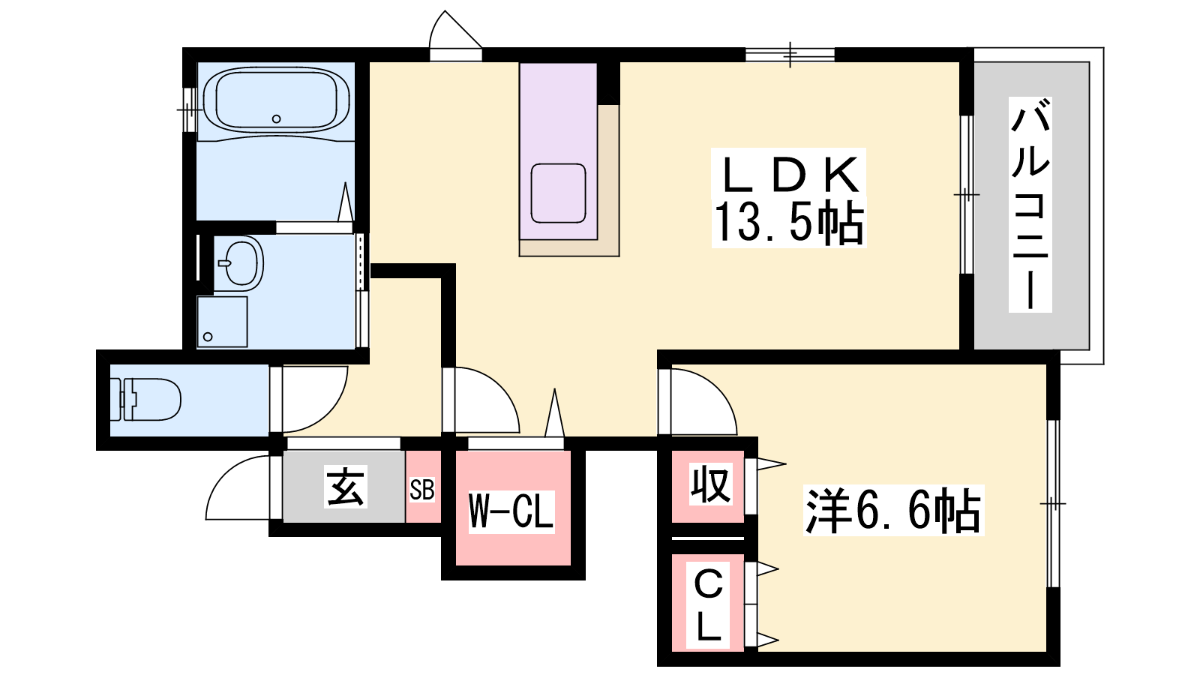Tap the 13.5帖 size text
[788, 223]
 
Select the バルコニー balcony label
[1030, 205]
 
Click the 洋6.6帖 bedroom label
[893, 511]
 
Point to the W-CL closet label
[511, 511]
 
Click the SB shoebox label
[422, 490]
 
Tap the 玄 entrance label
[346, 487]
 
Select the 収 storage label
[709, 484]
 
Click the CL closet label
[708, 605]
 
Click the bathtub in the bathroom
[277, 100]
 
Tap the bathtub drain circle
[277, 119]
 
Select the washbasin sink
[239, 262]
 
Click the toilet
[145, 400]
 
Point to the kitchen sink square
[558, 193]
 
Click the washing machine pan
[222, 322]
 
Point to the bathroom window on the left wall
[188, 109]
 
